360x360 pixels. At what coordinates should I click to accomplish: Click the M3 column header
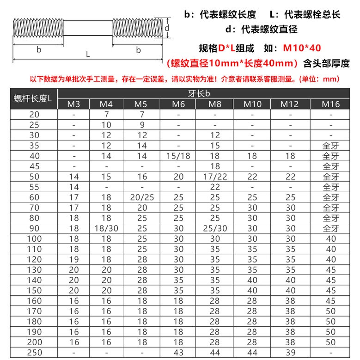coord(74,104)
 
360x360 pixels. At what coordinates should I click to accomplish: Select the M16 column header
coord(331,104)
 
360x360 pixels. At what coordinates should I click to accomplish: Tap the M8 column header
coord(215,104)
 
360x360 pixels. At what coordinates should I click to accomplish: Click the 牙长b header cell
coord(199,93)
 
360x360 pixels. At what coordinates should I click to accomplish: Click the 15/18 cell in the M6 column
coord(178,156)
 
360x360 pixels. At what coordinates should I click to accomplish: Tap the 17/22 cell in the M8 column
coord(215,177)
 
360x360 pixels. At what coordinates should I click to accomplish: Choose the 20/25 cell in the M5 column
coord(142,197)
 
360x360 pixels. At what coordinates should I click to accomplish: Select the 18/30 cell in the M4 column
coord(106,229)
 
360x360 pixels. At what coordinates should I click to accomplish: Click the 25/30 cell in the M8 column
coord(215,229)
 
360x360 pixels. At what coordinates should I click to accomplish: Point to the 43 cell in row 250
coord(178,353)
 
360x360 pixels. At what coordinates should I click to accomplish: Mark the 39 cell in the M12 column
coord(290,353)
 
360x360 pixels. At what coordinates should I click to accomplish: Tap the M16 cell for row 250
coord(331,353)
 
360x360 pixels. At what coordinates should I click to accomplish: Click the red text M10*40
coord(302,48)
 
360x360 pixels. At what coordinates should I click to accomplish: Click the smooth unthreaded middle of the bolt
coord(87,28)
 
